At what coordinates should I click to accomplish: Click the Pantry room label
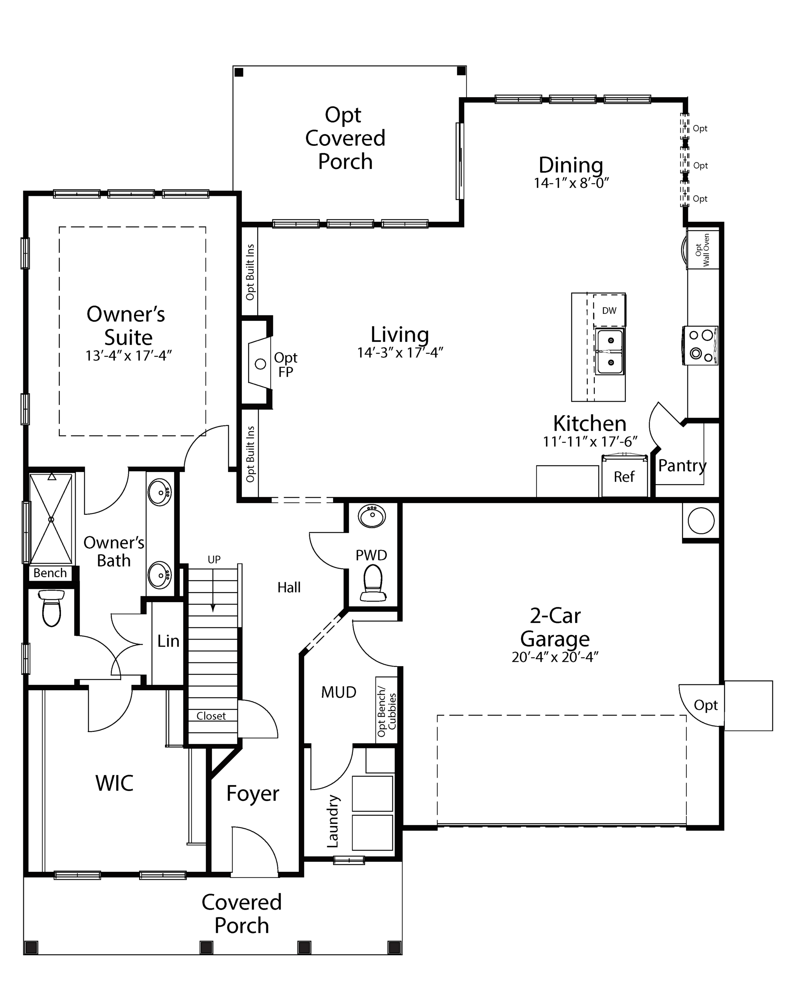[682, 466]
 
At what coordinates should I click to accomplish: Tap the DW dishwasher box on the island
[609, 310]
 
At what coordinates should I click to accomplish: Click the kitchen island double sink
[610, 351]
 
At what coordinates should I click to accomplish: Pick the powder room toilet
[373, 583]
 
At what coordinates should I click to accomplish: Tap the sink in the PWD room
[372, 516]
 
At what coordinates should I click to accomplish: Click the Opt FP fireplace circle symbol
[260, 364]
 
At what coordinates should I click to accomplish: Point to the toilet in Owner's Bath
[52, 608]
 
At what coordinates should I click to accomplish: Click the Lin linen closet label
[168, 641]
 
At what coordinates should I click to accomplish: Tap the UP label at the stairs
[214, 559]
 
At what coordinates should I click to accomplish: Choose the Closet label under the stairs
[211, 716]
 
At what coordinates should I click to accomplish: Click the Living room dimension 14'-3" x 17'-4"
[400, 352]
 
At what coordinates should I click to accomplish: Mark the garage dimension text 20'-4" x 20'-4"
[555, 657]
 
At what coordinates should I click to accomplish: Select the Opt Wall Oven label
[702, 250]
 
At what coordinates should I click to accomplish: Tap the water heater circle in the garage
[701, 520]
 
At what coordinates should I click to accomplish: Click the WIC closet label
[114, 783]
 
